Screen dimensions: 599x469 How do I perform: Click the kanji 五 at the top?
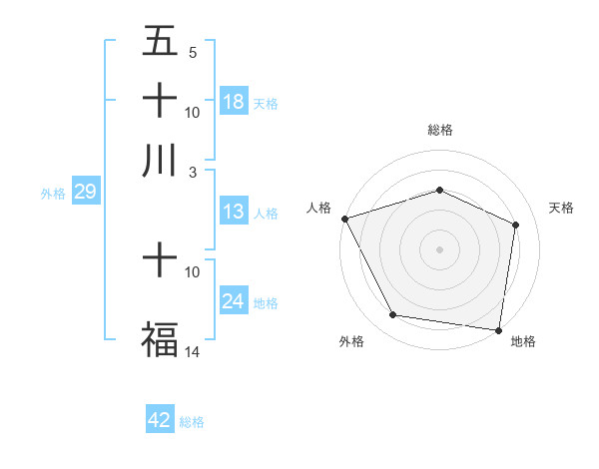pyautogui.click(x=160, y=41)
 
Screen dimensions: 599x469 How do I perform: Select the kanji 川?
pyautogui.click(x=160, y=161)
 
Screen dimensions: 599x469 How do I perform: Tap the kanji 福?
pyautogui.click(x=160, y=337)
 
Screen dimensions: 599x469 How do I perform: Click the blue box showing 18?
pyautogui.click(x=233, y=101)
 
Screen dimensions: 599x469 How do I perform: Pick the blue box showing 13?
pyautogui.click(x=233, y=212)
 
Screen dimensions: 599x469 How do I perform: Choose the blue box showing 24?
pyautogui.click(x=233, y=301)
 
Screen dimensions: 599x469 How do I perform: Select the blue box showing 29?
pyautogui.click(x=85, y=193)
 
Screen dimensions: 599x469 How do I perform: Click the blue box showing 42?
pyautogui.click(x=160, y=420)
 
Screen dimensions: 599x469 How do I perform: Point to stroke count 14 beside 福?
pyautogui.click(x=193, y=351)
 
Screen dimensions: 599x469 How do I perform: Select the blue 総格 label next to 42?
pyautogui.click(x=192, y=422)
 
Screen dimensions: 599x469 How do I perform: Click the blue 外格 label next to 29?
pyautogui.click(x=53, y=194)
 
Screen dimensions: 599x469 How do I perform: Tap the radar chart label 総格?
pyautogui.click(x=439, y=130)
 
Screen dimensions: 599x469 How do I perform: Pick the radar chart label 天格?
pyautogui.click(x=561, y=208)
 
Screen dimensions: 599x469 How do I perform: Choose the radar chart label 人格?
pyautogui.click(x=319, y=208)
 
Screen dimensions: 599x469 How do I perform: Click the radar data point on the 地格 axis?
pyautogui.click(x=499, y=329)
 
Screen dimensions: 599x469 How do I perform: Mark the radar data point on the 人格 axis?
pyautogui.click(x=345, y=219)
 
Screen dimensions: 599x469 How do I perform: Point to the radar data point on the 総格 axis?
pyautogui.click(x=439, y=190)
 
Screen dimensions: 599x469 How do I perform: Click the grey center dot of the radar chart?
pyautogui.click(x=439, y=248)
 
